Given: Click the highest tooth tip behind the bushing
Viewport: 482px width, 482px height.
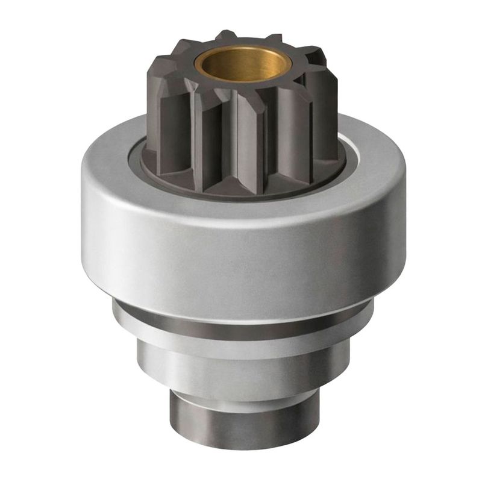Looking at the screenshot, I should [x=226, y=37].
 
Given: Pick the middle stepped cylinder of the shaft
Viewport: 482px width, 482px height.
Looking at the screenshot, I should [x=241, y=371].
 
